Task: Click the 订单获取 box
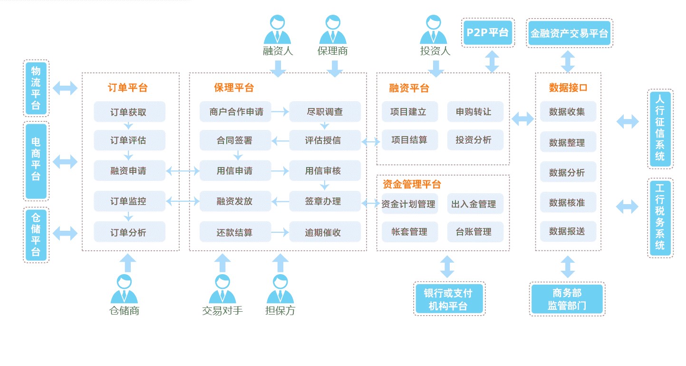(129, 112)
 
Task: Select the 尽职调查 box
(325, 112)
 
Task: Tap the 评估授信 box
(325, 140)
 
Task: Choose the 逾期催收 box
(325, 232)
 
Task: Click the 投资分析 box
(475, 140)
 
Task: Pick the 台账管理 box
(475, 232)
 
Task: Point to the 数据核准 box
(568, 203)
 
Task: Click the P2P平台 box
(488, 33)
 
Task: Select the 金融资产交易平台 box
(569, 33)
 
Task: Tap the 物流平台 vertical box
(36, 89)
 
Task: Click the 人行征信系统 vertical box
(660, 129)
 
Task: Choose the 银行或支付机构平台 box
(449, 299)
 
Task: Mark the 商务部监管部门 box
(567, 299)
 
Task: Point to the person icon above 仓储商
(124, 289)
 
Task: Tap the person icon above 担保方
(280, 289)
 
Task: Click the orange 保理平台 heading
(233, 88)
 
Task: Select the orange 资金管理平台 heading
(412, 184)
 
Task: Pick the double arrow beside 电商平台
(65, 162)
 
